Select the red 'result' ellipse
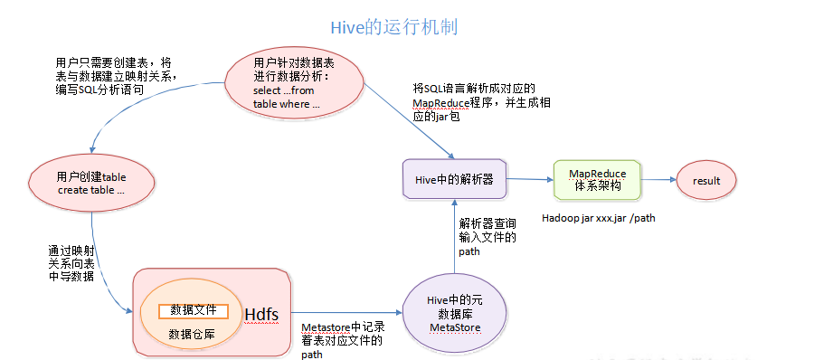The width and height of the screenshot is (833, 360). [x=706, y=181]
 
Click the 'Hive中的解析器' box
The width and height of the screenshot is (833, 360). [x=454, y=179]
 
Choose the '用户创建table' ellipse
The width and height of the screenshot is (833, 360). [x=90, y=185]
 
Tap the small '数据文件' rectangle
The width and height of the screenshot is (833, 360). [x=193, y=309]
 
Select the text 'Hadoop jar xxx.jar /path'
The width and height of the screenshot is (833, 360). [x=598, y=218]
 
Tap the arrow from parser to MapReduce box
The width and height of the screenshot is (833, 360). [x=529, y=179]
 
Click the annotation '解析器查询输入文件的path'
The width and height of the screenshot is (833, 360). [x=488, y=237]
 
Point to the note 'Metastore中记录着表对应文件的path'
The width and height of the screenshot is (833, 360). [x=342, y=340]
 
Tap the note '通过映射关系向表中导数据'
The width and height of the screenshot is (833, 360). [x=71, y=263]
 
